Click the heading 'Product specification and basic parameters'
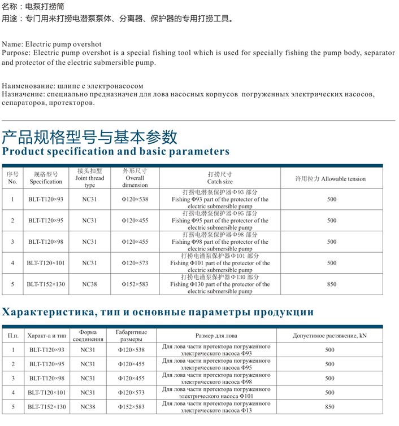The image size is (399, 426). [x=116, y=152]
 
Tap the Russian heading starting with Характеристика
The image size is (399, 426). [x=158, y=312]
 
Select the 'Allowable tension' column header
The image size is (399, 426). [x=331, y=179]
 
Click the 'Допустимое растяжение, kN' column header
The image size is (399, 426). [x=329, y=336]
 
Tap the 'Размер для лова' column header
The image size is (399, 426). [x=216, y=336]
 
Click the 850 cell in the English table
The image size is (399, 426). [x=331, y=284]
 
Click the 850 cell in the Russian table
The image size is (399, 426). [x=329, y=407]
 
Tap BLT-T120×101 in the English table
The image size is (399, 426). [x=45, y=263]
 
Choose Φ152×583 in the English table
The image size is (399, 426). [x=135, y=284]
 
